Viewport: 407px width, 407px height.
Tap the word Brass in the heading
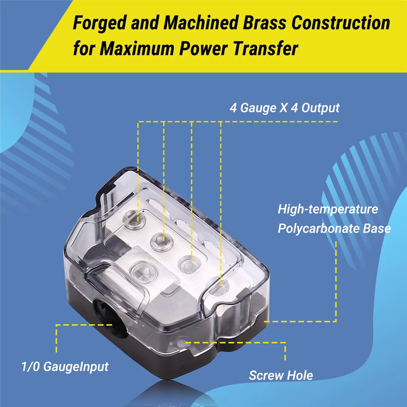(x=265, y=23)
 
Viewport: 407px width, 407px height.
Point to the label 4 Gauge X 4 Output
(x=284, y=108)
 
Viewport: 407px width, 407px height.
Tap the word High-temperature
(x=328, y=209)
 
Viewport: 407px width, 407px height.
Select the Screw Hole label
(x=281, y=375)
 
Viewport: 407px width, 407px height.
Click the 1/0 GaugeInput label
(x=65, y=367)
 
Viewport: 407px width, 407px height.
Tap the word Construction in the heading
(x=341, y=23)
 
